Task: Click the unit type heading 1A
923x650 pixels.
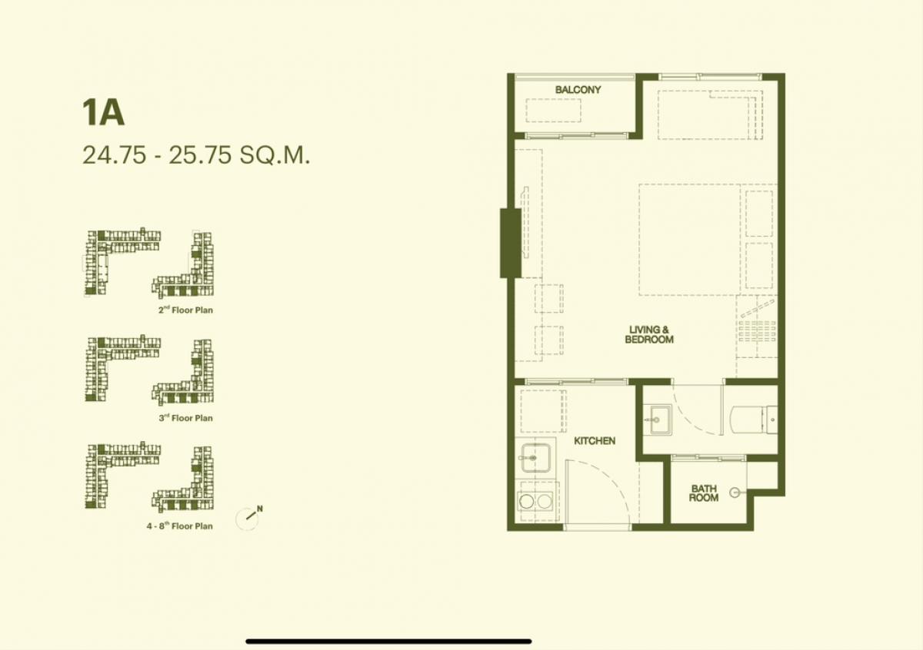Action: (103, 112)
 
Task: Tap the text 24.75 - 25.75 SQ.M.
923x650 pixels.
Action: (196, 155)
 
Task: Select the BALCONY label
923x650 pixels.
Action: (578, 90)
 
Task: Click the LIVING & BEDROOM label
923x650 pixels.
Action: (649, 335)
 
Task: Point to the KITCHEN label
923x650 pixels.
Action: (595, 441)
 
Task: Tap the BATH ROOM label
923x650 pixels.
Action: (704, 493)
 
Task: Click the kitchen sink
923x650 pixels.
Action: (535, 458)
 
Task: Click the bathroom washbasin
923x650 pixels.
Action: (661, 420)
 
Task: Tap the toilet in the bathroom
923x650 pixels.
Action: (754, 420)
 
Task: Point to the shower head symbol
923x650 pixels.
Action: (736, 492)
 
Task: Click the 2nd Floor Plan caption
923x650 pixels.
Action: (185, 310)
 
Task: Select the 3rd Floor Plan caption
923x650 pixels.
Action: (185, 418)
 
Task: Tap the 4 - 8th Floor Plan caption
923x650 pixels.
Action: (180, 526)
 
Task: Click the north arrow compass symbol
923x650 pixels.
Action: (248, 519)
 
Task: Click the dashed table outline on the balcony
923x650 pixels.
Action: (553, 110)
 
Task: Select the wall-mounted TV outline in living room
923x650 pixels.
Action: (525, 222)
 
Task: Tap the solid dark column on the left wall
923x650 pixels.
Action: (511, 244)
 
